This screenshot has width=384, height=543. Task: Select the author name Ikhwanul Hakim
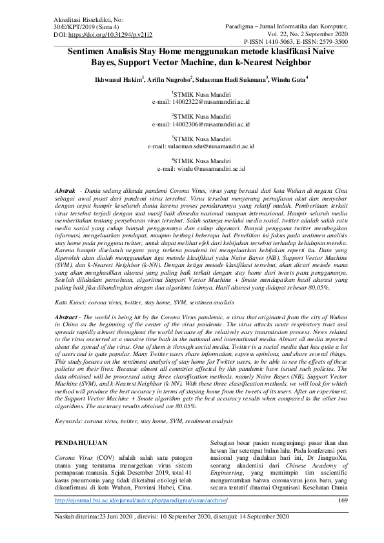117,79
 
